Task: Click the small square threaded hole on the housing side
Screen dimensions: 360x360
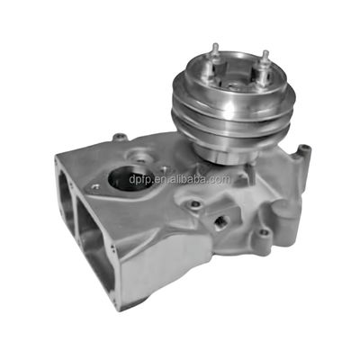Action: [221, 220]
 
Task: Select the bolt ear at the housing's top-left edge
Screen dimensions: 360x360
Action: [119, 138]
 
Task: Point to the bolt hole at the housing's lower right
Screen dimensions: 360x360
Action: [262, 238]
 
